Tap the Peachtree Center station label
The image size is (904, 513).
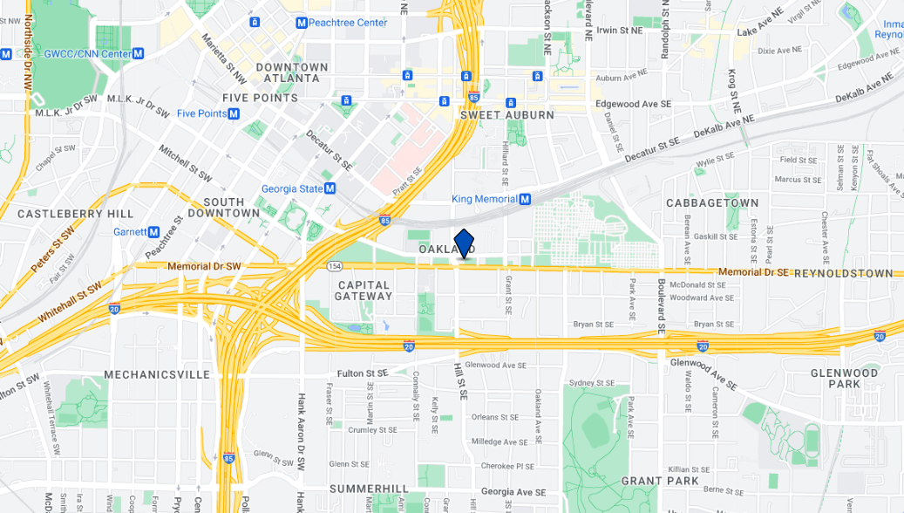tap(347, 23)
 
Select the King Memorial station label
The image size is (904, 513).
tap(485, 199)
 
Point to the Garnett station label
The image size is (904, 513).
tap(130, 232)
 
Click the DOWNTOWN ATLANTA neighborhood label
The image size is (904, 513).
tap(292, 72)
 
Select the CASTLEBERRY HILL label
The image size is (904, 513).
tap(76, 214)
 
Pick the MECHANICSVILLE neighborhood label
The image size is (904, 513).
tap(157, 374)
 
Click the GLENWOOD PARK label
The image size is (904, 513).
tap(844, 379)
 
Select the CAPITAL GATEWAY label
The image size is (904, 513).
tap(364, 291)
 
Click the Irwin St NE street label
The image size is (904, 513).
tap(619, 30)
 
